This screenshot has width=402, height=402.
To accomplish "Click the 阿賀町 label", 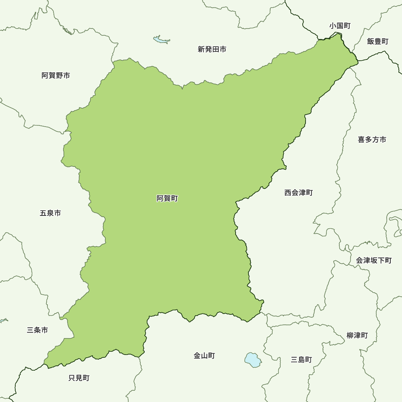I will [x=167, y=198].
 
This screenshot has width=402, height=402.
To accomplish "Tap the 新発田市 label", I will [x=212, y=49].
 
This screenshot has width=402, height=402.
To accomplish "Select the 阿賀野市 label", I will [x=56, y=75].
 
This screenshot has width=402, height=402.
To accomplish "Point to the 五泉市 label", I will [x=50, y=213].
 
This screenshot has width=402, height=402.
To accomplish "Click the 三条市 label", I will [x=37, y=330].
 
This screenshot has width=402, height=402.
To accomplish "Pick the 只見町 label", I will [x=79, y=378].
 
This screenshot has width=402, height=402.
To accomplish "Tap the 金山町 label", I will [x=204, y=356].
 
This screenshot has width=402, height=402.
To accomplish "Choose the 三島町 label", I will [x=301, y=360].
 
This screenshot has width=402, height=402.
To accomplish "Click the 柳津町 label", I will [x=357, y=335].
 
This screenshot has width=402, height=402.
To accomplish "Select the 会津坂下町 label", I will [x=373, y=260].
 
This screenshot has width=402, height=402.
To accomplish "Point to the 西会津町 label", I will [x=298, y=193].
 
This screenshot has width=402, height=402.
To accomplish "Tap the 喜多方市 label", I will [x=372, y=139].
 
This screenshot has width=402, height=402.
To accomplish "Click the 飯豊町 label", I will [x=378, y=41].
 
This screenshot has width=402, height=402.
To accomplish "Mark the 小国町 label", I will [x=340, y=26].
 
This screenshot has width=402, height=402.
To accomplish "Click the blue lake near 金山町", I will [x=253, y=359].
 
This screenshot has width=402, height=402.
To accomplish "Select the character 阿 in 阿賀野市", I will [x=45, y=75].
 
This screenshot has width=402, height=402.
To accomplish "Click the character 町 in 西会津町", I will [x=309, y=193].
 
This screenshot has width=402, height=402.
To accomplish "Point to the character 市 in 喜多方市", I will [x=382, y=139].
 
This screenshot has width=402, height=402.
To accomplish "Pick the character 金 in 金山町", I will [x=197, y=356].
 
